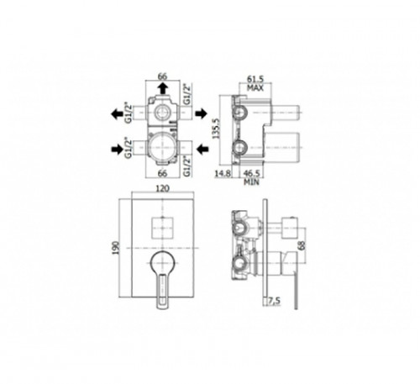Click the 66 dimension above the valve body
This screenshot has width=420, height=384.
(162, 76)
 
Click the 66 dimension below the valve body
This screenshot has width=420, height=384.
(162, 173)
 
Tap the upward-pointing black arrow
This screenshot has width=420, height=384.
(162, 88)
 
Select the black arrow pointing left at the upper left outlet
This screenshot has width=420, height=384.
(117, 114)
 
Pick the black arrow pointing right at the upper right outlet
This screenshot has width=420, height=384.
(201, 113)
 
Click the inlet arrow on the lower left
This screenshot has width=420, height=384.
(117, 150)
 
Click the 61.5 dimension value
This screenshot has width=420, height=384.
(255, 79)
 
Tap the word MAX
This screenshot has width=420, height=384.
(255, 88)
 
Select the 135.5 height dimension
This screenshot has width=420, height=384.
(216, 129)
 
